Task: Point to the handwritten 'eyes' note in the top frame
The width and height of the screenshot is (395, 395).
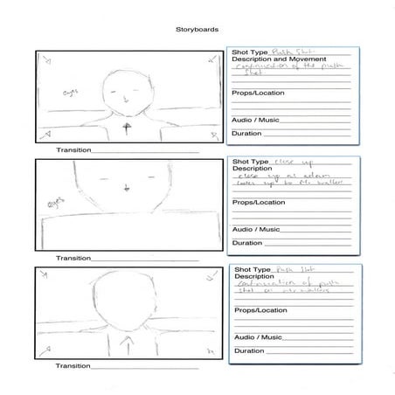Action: [70, 91]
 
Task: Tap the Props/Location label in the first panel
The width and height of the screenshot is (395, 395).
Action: [259, 92]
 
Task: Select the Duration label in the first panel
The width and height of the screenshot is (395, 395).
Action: [247, 134]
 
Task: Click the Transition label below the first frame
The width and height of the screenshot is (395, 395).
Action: [73, 150]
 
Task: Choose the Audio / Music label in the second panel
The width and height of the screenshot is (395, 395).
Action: [256, 229]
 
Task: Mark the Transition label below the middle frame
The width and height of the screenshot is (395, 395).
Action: [73, 258]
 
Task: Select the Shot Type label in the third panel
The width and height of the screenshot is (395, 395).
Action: [251, 270]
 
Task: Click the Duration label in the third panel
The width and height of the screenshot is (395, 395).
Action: [248, 350]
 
